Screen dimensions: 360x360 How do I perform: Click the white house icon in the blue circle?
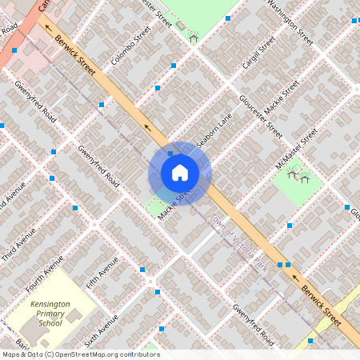(180, 173)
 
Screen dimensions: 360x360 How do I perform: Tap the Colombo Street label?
(131, 46)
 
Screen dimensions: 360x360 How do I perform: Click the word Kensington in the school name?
(50, 305)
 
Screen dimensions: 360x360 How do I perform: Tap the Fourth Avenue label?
(43, 273)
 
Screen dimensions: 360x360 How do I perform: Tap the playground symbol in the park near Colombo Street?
(193, 37)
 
